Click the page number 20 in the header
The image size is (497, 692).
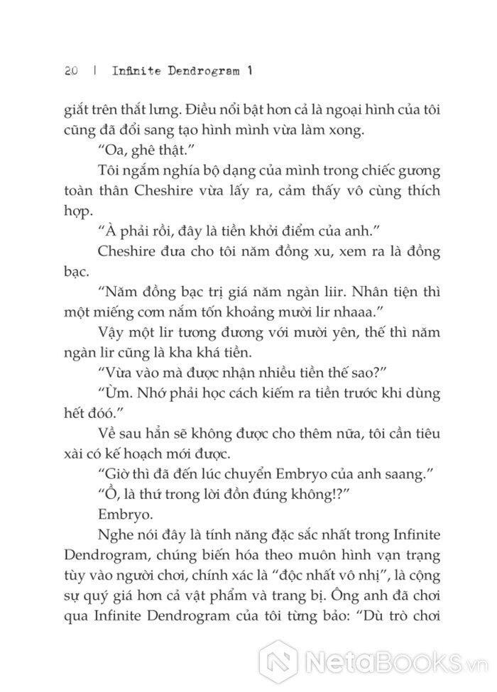pyautogui.click(x=69, y=72)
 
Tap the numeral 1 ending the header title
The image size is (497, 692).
pyautogui.click(x=250, y=72)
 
